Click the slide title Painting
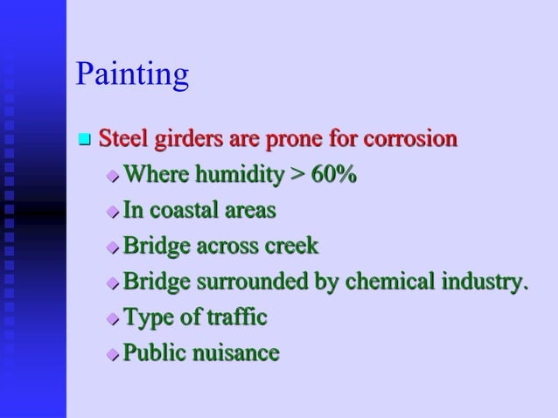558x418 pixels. (132, 75)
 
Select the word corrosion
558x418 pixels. (410, 139)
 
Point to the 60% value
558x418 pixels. (333, 175)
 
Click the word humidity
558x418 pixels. (239, 175)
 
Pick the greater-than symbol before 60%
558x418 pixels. (297, 176)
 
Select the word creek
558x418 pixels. (291, 247)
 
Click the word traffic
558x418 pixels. (237, 317)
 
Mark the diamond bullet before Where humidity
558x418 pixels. (112, 177)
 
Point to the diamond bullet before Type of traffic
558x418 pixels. (112, 318)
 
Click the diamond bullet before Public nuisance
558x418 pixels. (112, 354)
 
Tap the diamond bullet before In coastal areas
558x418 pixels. (112, 212)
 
